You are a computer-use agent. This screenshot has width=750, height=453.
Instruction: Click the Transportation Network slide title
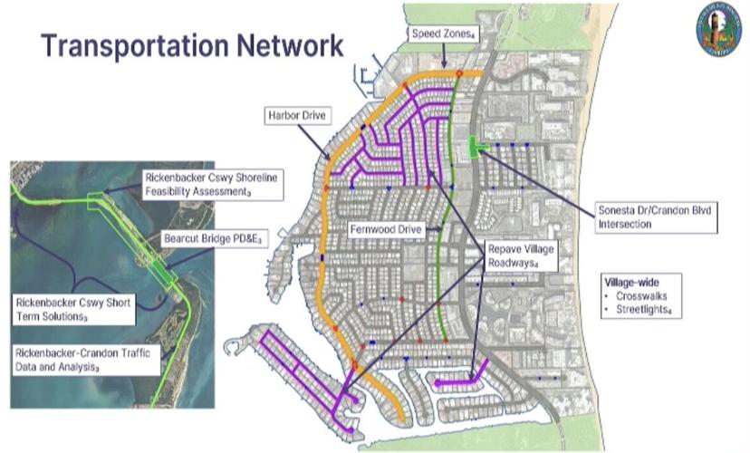[192, 45]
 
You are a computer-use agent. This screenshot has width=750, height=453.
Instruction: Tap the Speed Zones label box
[444, 34]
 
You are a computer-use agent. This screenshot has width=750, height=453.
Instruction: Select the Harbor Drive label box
[297, 116]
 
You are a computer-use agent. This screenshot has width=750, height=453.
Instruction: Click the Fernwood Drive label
[387, 231]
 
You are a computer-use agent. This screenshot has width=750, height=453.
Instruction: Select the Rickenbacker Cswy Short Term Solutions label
[75, 310]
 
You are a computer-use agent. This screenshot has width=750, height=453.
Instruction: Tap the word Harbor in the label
[284, 116]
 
